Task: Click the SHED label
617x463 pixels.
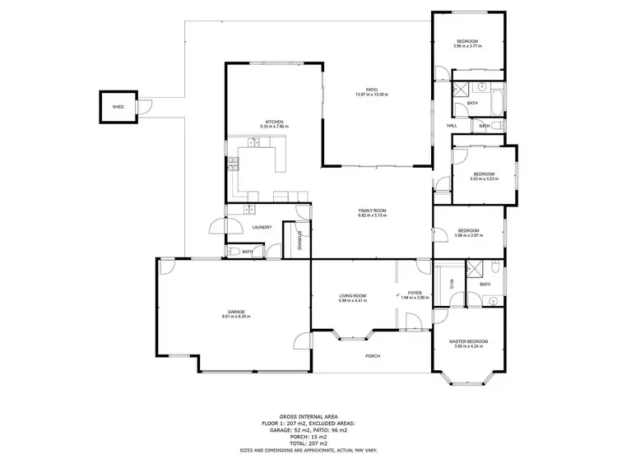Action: coord(118,107)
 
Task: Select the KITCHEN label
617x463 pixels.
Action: coord(274,122)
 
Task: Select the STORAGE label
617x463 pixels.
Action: coord(299,238)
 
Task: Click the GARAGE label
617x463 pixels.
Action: coord(236,311)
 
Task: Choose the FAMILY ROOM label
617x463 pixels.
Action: coord(372,211)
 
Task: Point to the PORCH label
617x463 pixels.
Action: coord(372,356)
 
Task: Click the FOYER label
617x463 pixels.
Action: coord(414,293)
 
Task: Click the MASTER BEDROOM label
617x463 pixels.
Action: coord(468,341)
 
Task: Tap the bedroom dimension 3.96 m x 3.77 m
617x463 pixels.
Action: coord(467,46)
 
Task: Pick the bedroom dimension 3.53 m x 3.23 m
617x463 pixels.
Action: coord(483,178)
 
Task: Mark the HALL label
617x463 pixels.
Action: coord(452,126)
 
